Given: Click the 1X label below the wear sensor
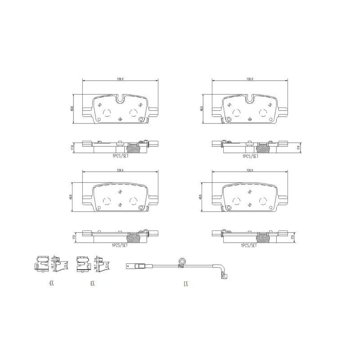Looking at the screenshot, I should click(185, 283).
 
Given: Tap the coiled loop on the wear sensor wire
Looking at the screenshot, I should click(182, 261).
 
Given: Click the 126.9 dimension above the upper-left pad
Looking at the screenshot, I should click(120, 79).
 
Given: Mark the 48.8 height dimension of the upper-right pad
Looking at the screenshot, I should click(202, 108).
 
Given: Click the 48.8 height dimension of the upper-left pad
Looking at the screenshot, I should click(72, 108).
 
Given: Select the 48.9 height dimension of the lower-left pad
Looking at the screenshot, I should click(72, 197).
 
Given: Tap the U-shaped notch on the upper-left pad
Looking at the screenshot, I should click(120, 98).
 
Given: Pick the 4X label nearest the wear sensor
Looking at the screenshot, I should click(92, 283).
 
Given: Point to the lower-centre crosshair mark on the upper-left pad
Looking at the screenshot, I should click(120, 119).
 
